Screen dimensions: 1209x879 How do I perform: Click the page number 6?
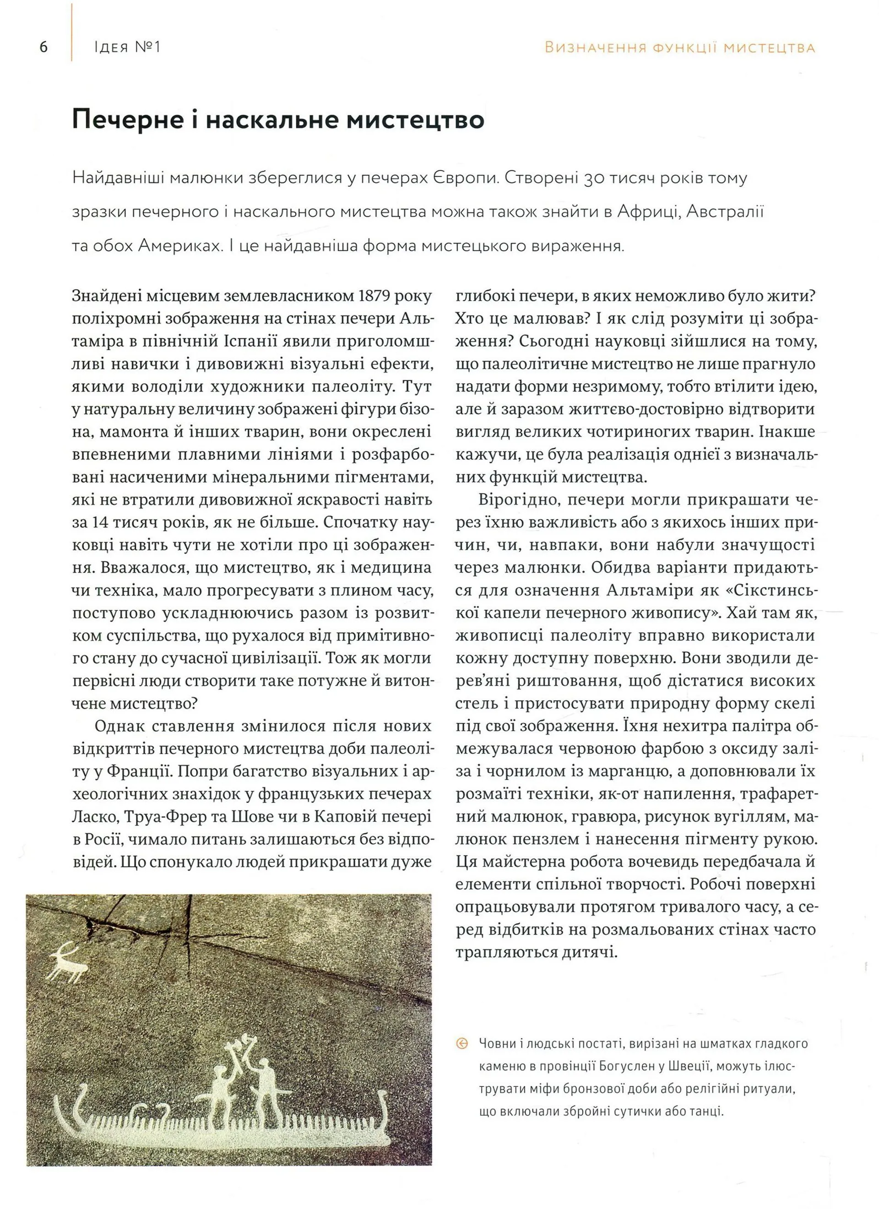[43, 48]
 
